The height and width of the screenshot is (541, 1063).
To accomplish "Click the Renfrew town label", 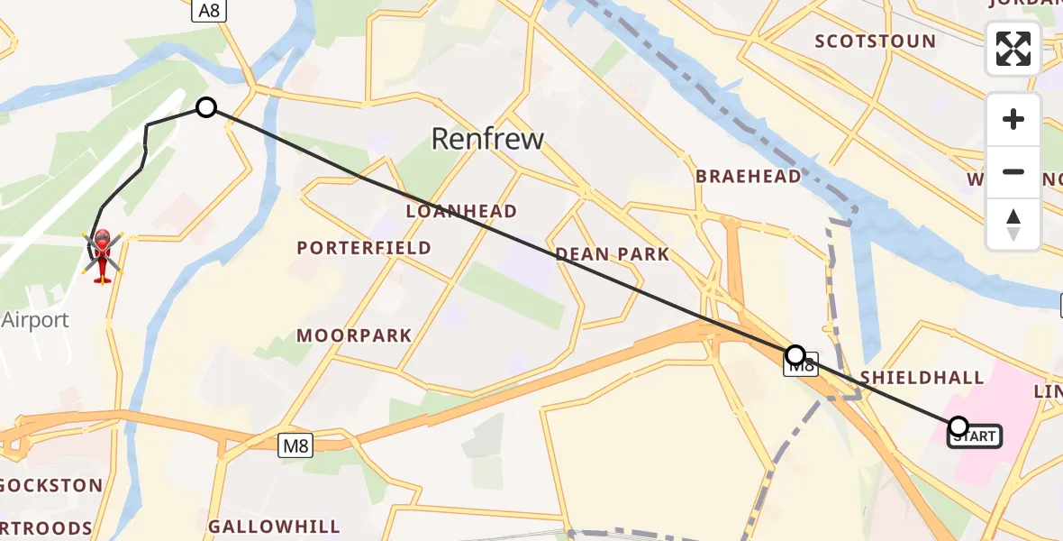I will coord(487,139).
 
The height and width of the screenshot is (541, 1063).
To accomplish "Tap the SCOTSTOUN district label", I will coord(875,41).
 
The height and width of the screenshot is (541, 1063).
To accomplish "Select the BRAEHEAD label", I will coord(748,177).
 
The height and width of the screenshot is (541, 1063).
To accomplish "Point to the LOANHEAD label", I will coord(461,212).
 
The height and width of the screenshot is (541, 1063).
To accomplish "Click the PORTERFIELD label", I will coord(364,248).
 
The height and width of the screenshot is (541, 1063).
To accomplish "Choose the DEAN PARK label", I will coord(613,254).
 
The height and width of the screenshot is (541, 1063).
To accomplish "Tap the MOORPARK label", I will coord(355,335).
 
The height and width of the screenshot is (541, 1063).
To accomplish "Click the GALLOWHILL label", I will coord(274,527).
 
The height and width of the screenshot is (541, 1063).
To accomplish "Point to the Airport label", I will coord(36,320).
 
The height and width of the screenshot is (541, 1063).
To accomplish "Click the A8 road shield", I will coord(209,10).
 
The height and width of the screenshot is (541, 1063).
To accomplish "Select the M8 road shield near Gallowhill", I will coord(295,445).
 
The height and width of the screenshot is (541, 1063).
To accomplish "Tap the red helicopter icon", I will coord(103,254).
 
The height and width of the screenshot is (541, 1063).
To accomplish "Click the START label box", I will coord(974,437).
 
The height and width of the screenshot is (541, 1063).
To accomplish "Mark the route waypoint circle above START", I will coord(959,426).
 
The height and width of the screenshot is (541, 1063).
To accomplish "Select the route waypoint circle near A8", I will coord(206,108).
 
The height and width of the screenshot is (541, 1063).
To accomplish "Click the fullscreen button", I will coord(1013,49).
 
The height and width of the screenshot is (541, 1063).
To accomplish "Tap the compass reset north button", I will coord(1013,224).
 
